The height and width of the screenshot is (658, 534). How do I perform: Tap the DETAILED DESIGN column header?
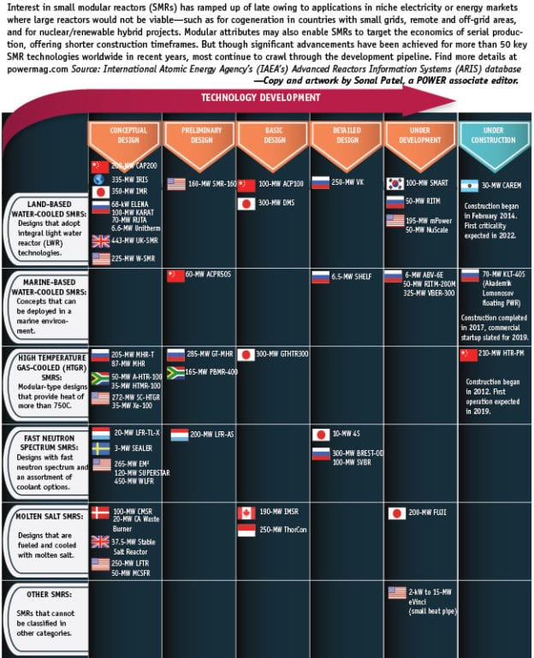(347, 134)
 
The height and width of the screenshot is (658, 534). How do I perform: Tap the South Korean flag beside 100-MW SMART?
(395, 183)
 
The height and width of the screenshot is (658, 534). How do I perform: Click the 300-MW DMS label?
(276, 203)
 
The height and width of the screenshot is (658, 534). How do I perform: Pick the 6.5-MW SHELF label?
(351, 276)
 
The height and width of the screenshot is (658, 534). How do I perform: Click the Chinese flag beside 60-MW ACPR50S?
(175, 276)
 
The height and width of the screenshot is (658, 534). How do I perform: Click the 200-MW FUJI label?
(427, 513)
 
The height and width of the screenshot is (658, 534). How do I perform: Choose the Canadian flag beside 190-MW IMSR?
(246, 513)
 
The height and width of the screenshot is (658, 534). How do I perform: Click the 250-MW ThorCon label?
(283, 530)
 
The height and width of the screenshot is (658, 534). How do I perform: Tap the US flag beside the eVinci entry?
(396, 592)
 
